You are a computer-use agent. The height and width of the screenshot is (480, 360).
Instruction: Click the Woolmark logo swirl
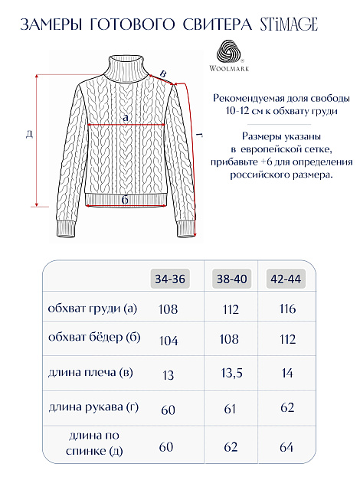point(231,51)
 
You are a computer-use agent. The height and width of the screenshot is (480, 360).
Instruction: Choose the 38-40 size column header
point(231,279)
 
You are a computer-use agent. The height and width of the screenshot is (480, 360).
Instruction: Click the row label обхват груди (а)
point(92,309)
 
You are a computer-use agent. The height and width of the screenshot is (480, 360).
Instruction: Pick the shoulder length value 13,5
point(230,374)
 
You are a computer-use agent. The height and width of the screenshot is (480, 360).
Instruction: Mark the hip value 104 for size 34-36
point(167,339)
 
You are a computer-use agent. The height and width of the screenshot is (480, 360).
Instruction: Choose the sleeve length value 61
point(230,409)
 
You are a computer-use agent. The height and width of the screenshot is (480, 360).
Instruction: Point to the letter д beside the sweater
point(28,135)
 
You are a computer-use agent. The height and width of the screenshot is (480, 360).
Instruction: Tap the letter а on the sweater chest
point(125,117)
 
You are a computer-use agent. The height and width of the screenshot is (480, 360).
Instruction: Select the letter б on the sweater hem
point(125,199)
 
